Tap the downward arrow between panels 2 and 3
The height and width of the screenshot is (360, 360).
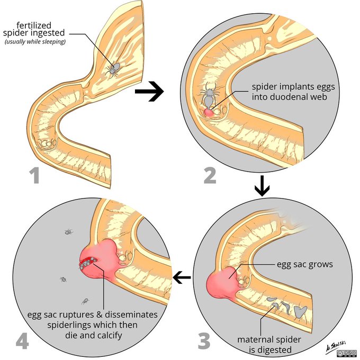262,188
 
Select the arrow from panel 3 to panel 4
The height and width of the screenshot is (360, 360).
183,276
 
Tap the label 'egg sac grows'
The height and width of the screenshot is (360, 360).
305,264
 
